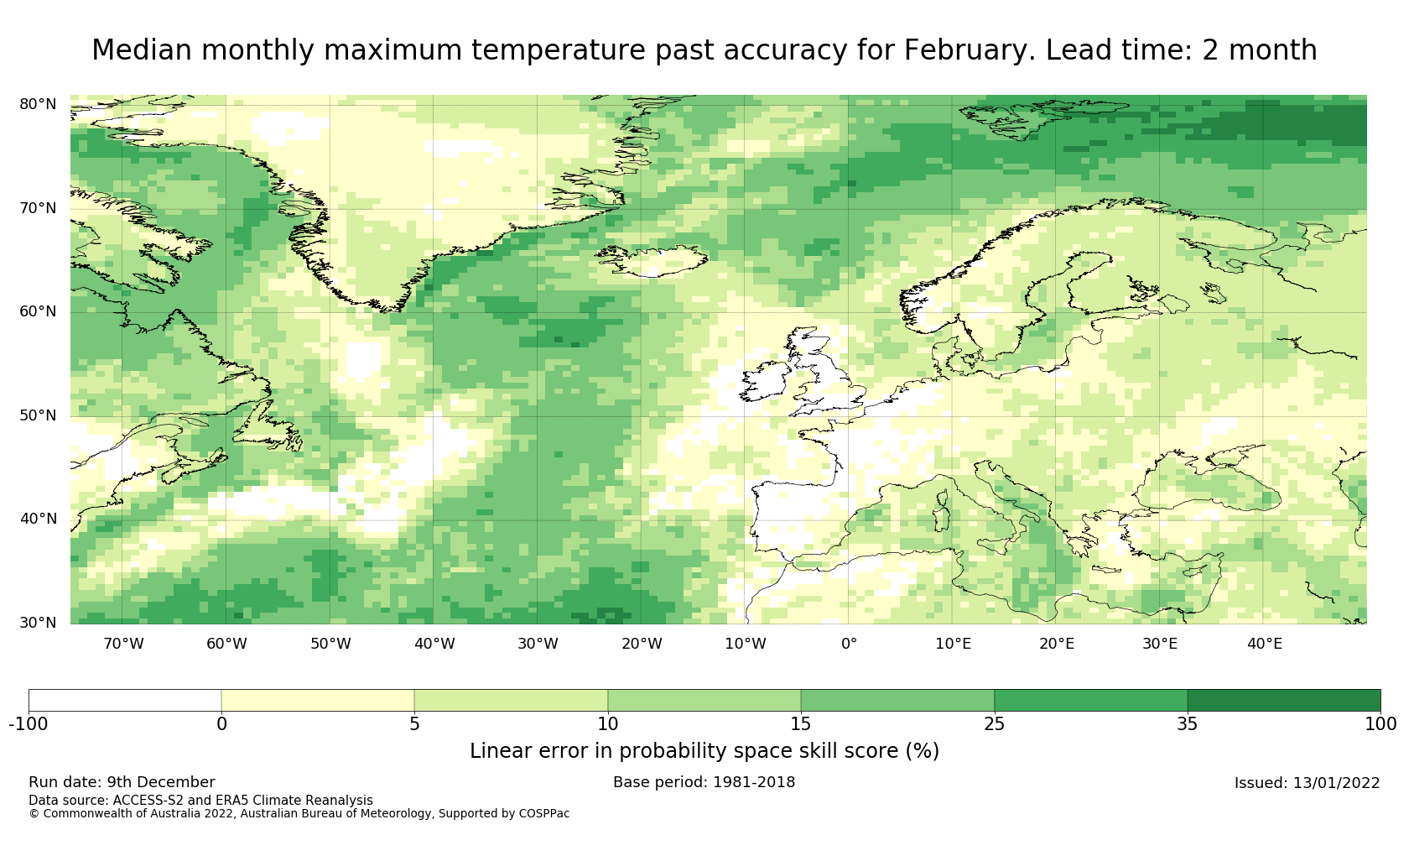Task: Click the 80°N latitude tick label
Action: coord(38,104)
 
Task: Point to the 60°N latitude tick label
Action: coord(38,311)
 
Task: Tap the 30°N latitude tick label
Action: coord(38,623)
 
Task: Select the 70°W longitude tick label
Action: coord(123,645)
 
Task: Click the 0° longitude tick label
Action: coord(849,645)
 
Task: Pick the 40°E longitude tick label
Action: coord(1264,645)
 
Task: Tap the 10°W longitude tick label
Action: coord(746,645)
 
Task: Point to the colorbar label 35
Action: coord(1187,724)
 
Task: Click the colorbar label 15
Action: coord(801,724)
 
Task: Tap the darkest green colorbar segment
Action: coord(1283,701)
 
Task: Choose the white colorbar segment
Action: coord(125,701)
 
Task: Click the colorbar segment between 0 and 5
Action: coord(318,701)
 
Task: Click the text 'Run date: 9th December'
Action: coord(122,782)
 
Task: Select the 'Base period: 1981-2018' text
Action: coord(704,782)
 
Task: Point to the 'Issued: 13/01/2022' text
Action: coord(1307,783)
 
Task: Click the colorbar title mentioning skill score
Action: coord(704,751)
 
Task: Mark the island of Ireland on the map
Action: coord(766,382)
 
